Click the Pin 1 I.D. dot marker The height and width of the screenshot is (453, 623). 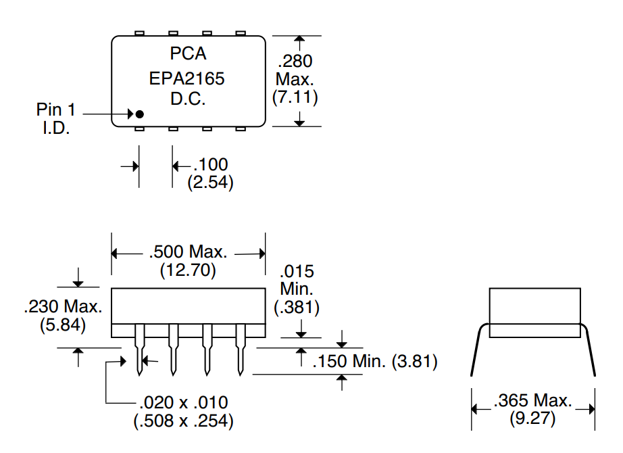[139, 114]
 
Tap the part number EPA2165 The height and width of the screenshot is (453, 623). [187, 79]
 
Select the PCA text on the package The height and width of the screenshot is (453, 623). [188, 53]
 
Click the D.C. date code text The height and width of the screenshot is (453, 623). [188, 99]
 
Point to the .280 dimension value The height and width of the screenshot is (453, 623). [295, 62]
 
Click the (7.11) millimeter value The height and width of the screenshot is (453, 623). [295, 97]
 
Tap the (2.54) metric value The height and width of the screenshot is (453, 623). [210, 182]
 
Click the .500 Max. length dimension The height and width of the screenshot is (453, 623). [188, 253]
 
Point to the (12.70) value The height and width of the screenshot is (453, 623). [188, 270]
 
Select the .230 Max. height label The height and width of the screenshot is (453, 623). [63, 306]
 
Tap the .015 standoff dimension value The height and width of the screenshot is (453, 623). [297, 272]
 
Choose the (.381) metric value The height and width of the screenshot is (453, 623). [297, 307]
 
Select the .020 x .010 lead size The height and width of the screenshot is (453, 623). [183, 403]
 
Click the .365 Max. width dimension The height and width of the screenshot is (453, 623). [532, 400]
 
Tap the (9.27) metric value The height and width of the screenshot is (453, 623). [532, 418]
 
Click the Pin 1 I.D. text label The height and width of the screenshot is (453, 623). [55, 118]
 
